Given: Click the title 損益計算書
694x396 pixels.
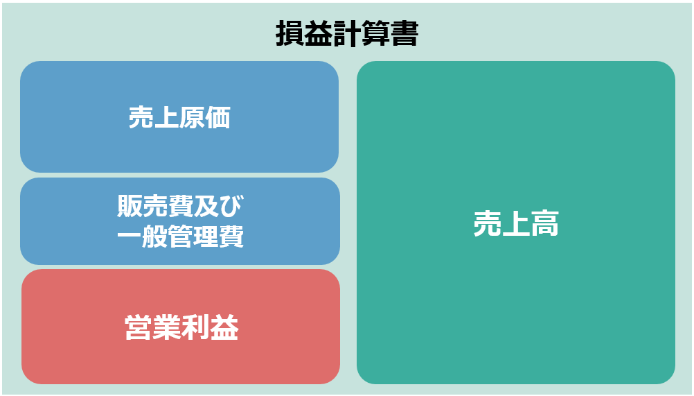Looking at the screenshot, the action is click(x=347, y=33).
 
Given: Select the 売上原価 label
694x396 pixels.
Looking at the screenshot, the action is click(x=179, y=117).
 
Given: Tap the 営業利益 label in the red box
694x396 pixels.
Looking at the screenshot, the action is click(x=181, y=327).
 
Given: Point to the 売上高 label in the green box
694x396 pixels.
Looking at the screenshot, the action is click(x=516, y=223).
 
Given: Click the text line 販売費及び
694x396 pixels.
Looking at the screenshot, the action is click(x=181, y=206).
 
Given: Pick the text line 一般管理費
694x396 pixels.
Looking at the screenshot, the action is click(x=181, y=236).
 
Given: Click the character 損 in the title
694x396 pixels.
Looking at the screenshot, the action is click(x=290, y=33).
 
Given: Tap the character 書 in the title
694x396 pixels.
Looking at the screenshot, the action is click(x=404, y=33).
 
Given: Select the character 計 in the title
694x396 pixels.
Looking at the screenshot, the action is click(x=347, y=33).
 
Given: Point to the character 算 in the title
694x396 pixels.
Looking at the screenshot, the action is click(x=376, y=33).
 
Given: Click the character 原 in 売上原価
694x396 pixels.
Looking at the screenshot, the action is click(x=193, y=117).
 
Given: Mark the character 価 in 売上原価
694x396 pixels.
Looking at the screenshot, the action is click(x=218, y=117).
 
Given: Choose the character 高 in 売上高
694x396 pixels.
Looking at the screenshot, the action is click(x=545, y=223).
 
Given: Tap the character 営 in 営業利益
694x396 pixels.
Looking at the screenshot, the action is click(x=139, y=327).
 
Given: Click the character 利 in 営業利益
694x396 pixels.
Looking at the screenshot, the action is click(x=195, y=327).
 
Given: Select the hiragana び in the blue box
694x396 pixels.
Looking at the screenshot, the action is click(x=232, y=206).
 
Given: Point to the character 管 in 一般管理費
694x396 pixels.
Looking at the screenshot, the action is click(x=181, y=236).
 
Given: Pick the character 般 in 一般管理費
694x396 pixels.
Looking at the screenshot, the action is click(x=155, y=236).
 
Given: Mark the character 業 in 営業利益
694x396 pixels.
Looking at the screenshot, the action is click(x=168, y=327).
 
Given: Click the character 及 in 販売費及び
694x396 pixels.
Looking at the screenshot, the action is click(x=206, y=206).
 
